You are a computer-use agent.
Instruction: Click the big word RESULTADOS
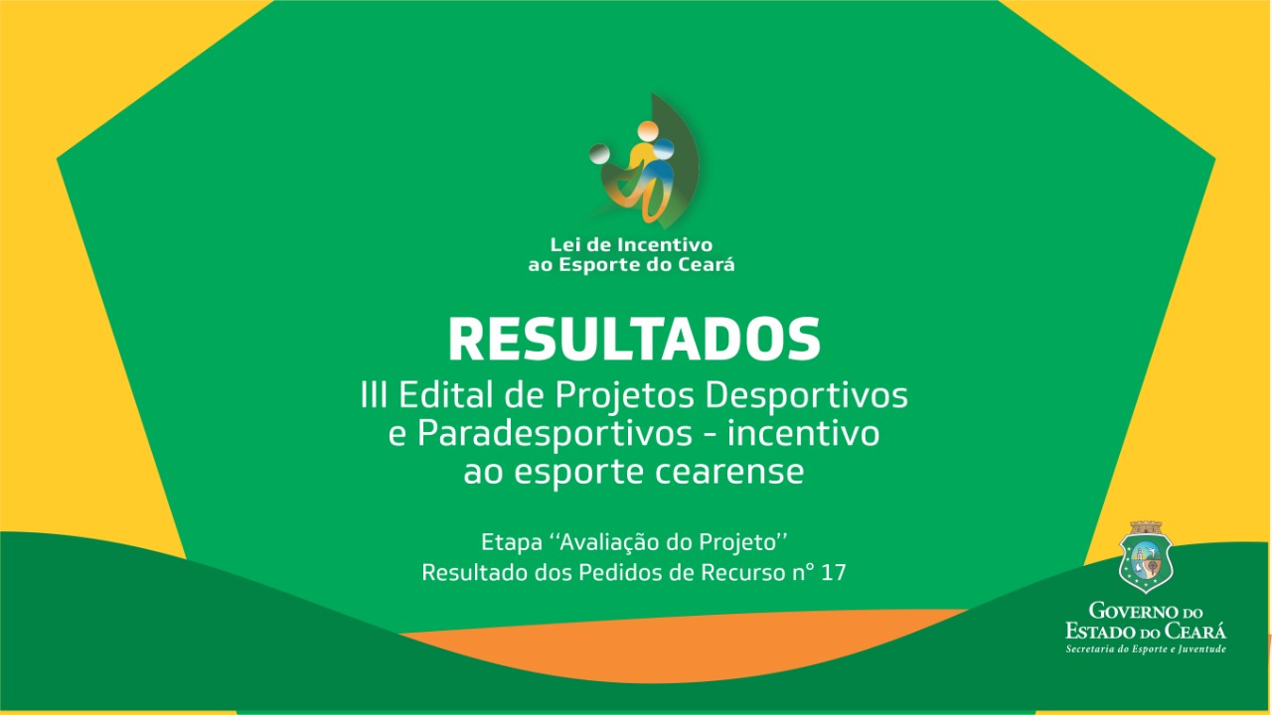634,340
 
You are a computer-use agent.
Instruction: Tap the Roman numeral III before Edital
374,395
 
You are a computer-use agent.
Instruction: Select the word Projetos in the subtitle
625,396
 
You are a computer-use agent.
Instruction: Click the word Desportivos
806,396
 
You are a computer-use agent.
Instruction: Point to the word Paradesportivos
555,435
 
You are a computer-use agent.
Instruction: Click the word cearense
729,472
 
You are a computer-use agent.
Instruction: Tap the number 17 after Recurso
834,573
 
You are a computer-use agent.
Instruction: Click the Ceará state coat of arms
1146,557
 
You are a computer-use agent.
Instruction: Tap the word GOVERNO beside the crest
1135,611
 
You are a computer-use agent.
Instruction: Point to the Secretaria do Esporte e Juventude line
1146,648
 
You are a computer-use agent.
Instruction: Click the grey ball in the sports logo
599,154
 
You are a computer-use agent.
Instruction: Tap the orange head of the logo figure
647,130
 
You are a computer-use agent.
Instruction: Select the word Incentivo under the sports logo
665,244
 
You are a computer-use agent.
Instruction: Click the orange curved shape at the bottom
682,646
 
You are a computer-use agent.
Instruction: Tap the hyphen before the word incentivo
710,436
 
